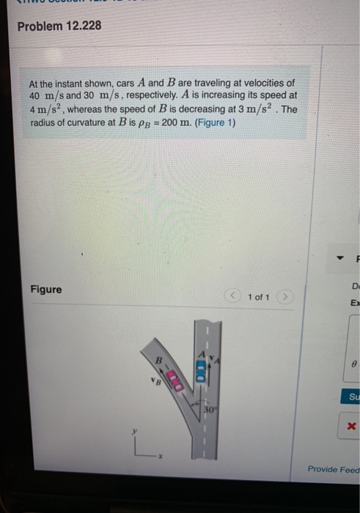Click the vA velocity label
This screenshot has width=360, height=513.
pos(214,358)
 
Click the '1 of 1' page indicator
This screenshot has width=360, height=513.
pos(260,297)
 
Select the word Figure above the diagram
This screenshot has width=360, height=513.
pos(46,289)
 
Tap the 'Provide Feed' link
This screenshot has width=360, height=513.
pos(334,469)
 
